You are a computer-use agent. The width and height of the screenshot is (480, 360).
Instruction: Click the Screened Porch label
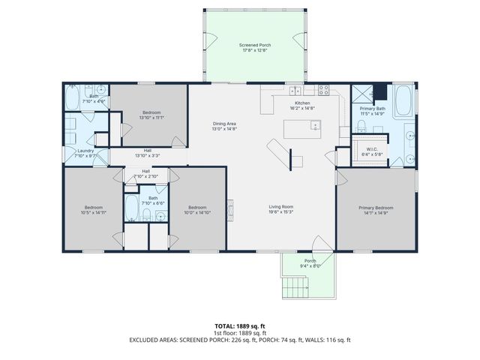tap(255, 48)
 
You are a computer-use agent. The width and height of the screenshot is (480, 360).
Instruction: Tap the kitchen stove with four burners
tap(324, 90)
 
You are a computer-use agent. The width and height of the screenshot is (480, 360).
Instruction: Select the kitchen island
tap(299, 130)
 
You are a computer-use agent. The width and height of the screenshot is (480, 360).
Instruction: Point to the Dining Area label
tap(224, 126)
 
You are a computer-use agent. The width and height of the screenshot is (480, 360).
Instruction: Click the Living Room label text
tap(281, 209)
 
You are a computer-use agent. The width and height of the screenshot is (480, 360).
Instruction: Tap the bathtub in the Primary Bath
tap(402, 100)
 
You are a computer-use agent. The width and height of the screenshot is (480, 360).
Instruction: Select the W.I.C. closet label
tap(372, 151)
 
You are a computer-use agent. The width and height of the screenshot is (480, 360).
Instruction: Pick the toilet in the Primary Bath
tap(361, 124)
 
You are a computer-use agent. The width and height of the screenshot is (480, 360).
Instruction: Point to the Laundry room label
tap(85, 153)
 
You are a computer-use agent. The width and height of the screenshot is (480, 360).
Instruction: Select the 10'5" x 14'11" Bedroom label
tap(93, 210)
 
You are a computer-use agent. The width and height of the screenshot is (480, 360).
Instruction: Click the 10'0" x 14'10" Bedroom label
tap(197, 210)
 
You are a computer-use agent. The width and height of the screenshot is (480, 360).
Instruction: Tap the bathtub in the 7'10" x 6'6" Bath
tap(132, 208)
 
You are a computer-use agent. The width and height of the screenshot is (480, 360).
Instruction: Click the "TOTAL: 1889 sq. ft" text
tap(240, 326)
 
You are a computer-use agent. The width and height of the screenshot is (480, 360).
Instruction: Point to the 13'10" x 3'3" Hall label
tap(148, 153)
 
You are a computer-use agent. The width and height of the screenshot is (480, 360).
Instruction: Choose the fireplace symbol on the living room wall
tap(231, 204)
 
